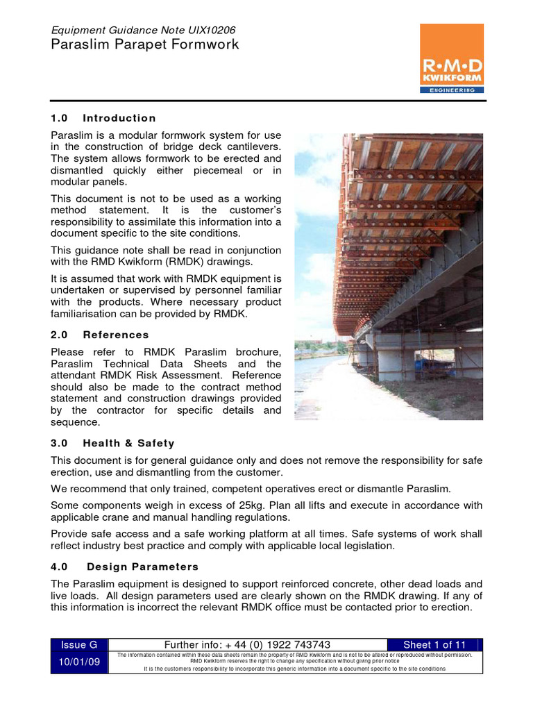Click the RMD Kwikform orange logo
point(452,58)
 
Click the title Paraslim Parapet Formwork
point(145,45)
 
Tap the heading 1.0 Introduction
point(103,118)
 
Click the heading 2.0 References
point(100,335)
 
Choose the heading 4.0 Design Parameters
point(124,567)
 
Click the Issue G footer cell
point(81,645)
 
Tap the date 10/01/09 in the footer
point(81,662)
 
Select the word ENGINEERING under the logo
point(452,90)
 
